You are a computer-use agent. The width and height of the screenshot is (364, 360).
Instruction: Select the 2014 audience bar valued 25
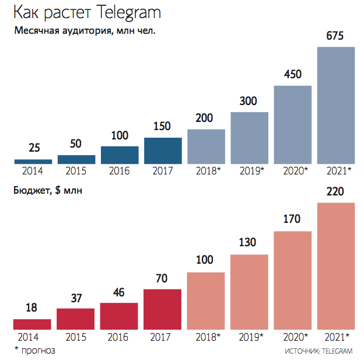(33, 162)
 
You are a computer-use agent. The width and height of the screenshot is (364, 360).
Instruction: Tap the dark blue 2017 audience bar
(163, 151)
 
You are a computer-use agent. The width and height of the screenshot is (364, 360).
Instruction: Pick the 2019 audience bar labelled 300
(249, 138)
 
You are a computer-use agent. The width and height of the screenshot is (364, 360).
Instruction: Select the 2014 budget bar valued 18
(33, 324)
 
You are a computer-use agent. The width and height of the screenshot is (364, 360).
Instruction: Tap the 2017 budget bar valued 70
(163, 309)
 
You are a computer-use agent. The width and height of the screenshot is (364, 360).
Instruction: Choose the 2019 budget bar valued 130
(249, 292)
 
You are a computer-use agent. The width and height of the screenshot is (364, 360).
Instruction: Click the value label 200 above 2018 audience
(206, 118)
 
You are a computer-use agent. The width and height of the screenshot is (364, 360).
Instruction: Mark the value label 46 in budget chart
(120, 292)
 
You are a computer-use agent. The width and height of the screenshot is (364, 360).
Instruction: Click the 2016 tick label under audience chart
(120, 172)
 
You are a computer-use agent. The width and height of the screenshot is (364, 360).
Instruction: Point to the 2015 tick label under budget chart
(76, 337)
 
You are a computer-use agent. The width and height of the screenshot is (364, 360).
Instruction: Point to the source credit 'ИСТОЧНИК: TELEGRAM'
(320, 351)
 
